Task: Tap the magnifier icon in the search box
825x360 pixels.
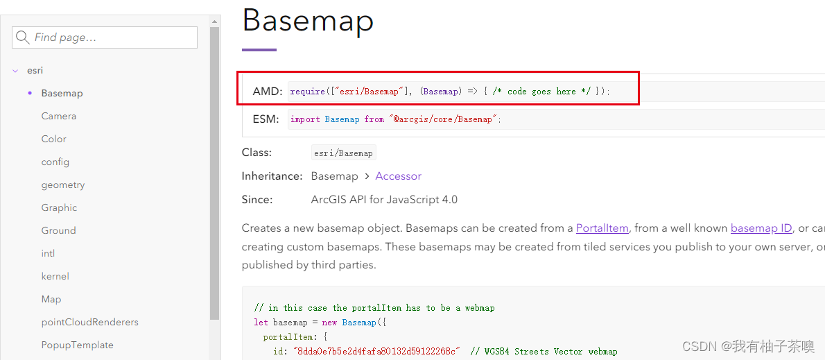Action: (x=23, y=37)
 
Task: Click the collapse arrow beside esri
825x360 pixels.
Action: (x=15, y=71)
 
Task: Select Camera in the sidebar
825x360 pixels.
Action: (x=59, y=116)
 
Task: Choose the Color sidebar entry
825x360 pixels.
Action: (x=54, y=139)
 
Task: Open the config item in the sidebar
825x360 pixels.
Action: (x=55, y=162)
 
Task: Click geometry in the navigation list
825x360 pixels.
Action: (x=63, y=185)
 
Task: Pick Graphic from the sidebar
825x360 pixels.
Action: (x=59, y=207)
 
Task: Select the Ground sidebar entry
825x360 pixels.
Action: (x=59, y=230)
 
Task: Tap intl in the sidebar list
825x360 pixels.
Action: (x=48, y=253)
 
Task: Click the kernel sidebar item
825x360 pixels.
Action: (x=55, y=276)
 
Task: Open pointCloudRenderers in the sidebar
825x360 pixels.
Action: (x=90, y=322)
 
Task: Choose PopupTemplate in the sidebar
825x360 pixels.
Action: (x=78, y=345)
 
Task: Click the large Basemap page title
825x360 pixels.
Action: (x=308, y=20)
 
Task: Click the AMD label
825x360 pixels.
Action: (x=268, y=92)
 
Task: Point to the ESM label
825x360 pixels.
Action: (x=266, y=119)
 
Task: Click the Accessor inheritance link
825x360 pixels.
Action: (x=398, y=176)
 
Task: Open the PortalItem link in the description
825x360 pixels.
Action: (x=602, y=228)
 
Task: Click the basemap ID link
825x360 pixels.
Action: (x=761, y=228)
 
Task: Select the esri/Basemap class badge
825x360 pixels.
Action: (x=344, y=153)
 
